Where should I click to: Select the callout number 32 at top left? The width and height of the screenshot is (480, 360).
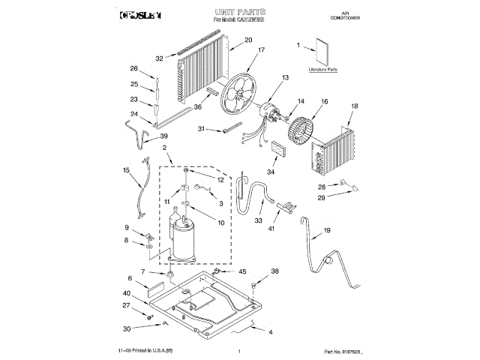[x=160, y=58]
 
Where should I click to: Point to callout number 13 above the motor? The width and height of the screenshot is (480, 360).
[x=285, y=77]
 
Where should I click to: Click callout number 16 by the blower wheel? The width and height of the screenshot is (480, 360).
[x=325, y=101]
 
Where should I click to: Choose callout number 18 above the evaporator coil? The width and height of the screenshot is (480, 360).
[x=355, y=107]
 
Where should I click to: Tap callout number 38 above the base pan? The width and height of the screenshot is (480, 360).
[x=274, y=271]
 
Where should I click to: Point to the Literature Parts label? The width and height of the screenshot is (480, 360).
[x=322, y=69]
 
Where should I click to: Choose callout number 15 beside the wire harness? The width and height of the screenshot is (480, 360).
[x=127, y=170]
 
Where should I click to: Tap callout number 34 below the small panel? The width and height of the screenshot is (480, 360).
[x=270, y=172]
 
